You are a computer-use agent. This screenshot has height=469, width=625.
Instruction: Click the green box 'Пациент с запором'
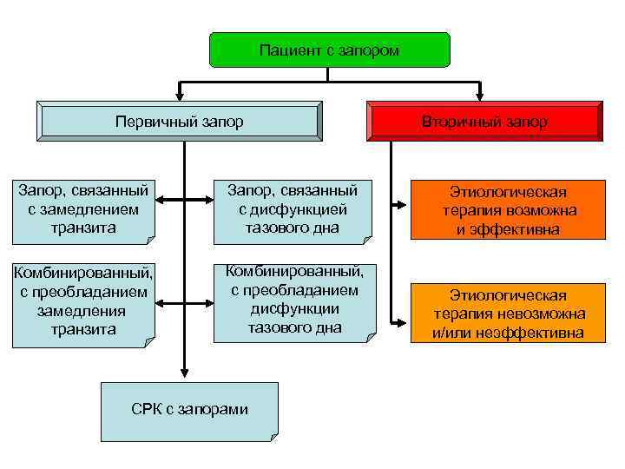[330, 50]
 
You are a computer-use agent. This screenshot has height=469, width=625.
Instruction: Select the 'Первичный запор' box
[179, 121]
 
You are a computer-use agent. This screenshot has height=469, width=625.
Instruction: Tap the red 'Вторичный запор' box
[484, 121]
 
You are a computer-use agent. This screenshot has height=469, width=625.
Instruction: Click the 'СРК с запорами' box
[190, 409]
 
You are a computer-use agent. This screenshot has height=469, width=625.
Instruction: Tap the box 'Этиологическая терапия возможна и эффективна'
[509, 210]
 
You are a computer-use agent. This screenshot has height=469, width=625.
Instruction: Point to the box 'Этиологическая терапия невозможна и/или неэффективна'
[509, 313]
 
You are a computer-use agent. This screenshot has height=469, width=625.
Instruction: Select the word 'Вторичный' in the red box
[452, 122]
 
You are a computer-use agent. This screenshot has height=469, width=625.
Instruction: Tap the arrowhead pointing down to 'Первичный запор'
[179, 95]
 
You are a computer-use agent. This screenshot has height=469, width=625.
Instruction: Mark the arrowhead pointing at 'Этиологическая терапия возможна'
[400, 206]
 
